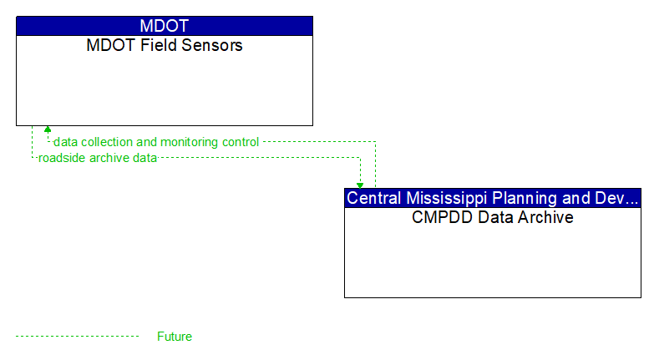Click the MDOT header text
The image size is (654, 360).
165,26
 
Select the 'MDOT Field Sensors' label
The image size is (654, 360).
165,45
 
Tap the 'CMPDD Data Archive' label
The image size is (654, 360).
493,217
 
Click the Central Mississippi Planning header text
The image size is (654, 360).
493,198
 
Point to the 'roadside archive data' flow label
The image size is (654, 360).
98,158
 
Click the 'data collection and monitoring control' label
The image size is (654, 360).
156,142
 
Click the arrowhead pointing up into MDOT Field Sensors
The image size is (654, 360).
48,129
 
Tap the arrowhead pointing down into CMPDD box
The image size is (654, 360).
360,185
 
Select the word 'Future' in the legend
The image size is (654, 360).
175,337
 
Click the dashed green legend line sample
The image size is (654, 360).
77,336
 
